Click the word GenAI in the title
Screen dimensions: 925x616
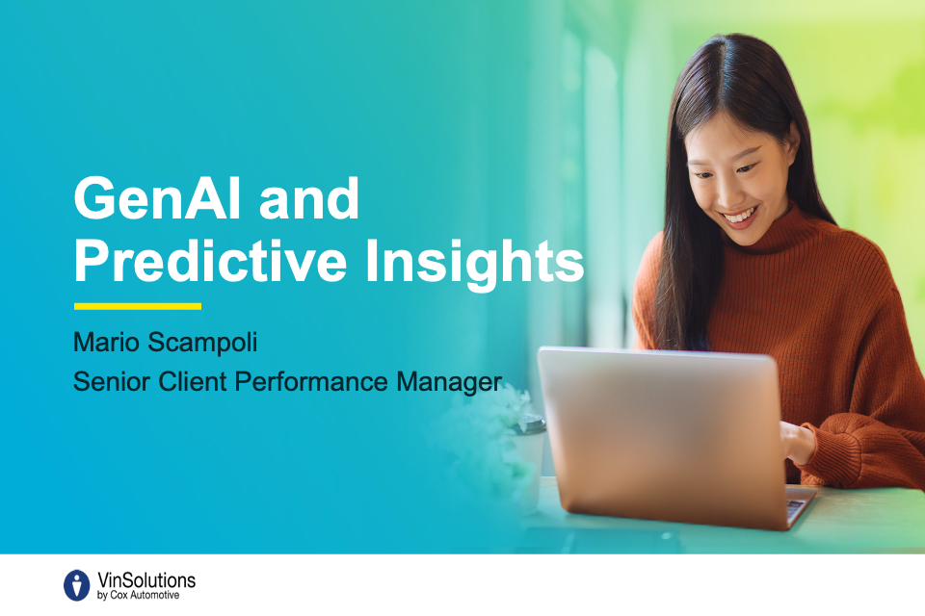click(x=157, y=198)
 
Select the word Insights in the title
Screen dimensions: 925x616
click(x=474, y=264)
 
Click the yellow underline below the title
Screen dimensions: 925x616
click(x=138, y=306)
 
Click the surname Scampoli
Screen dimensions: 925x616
click(x=202, y=343)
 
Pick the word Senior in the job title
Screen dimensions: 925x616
click(x=112, y=381)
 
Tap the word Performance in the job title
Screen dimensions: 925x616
click(x=311, y=382)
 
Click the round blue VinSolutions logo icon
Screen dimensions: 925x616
click(x=77, y=585)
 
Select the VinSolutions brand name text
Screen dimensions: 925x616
click(x=145, y=580)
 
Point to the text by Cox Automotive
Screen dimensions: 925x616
click(x=138, y=596)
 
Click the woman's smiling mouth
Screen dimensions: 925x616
click(x=739, y=217)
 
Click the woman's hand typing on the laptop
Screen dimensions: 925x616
click(x=798, y=442)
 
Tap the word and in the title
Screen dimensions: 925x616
click(x=308, y=198)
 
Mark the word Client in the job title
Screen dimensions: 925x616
click(x=193, y=381)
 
